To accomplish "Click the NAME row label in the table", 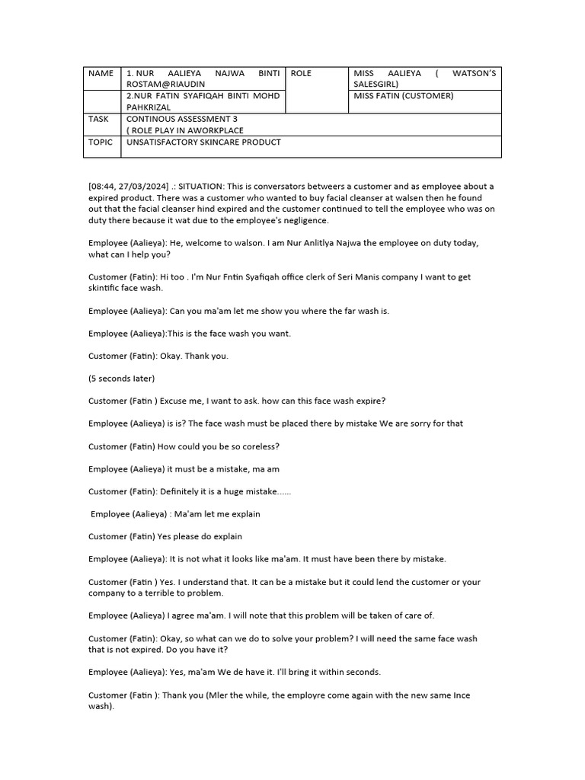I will pyautogui.click(x=101, y=73).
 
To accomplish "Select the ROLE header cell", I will pyautogui.click(x=301, y=73).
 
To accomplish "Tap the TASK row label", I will pyautogui.click(x=98, y=119).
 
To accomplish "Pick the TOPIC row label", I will pyautogui.click(x=100, y=142).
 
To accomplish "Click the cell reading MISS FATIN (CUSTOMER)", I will pyautogui.click(x=403, y=96).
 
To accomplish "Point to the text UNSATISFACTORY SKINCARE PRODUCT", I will pyautogui.click(x=203, y=142).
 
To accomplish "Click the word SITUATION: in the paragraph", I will pyautogui.click(x=204, y=187).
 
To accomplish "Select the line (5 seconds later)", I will pyautogui.click(x=121, y=379).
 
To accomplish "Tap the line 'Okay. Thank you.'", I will pyautogui.click(x=193, y=356).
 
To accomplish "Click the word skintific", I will pyautogui.click(x=104, y=288).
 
